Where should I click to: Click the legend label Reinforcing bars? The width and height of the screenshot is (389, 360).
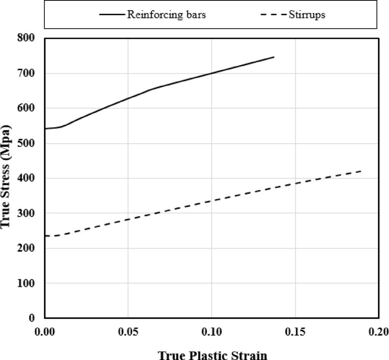point(166,16)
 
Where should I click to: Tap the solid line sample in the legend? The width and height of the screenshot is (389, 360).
point(113,16)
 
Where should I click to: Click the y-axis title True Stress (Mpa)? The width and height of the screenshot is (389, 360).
point(7,178)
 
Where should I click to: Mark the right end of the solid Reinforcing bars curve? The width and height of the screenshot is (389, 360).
point(274,57)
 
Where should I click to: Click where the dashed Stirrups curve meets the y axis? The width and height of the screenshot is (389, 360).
point(45,236)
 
